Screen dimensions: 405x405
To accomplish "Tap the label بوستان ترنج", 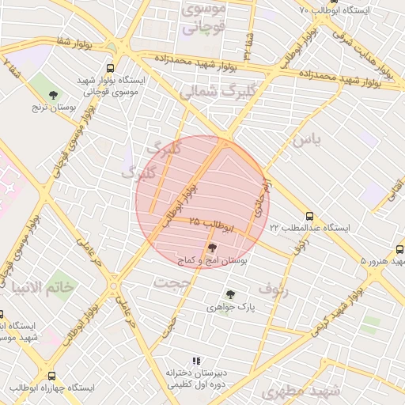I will (52, 106).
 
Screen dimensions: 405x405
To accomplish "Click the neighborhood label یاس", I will (308, 140).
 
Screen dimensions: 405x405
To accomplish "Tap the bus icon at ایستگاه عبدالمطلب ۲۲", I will (309, 215).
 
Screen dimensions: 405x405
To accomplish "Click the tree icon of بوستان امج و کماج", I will (210, 248).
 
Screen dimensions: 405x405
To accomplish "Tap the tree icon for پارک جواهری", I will (230, 294).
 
